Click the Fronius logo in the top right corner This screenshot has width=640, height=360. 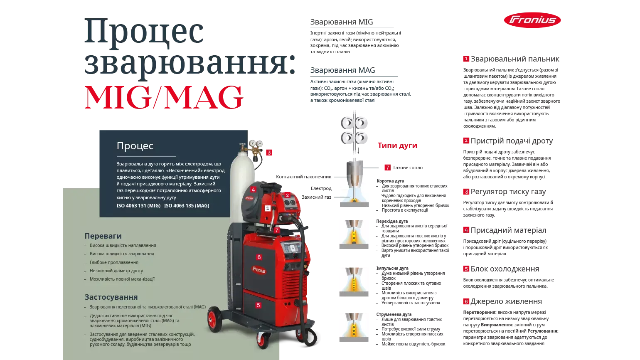pos(532,20)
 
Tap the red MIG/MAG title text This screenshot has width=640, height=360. pos(164,97)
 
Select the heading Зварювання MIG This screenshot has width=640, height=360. pos(342,22)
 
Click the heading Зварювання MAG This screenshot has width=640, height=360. pos(342,70)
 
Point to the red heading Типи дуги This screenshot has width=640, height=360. pos(397,145)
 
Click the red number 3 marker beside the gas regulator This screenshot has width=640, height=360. pos(269,153)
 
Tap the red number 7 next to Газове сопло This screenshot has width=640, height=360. pos(387,168)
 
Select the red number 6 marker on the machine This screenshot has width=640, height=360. pos(259,257)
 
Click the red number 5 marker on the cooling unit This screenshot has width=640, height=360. pos(258,305)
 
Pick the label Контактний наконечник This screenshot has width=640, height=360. pos(303,177)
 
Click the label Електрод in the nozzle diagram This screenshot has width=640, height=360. pos(321,189)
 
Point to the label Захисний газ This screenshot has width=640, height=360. pos(316,197)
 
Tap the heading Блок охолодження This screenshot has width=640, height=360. pos(505,269)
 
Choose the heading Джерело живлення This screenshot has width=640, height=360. pos(506,301)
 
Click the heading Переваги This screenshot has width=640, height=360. pos(103,236)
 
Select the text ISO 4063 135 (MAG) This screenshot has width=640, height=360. pos(187,206)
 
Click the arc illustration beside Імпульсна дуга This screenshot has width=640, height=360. pos(354,282)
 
